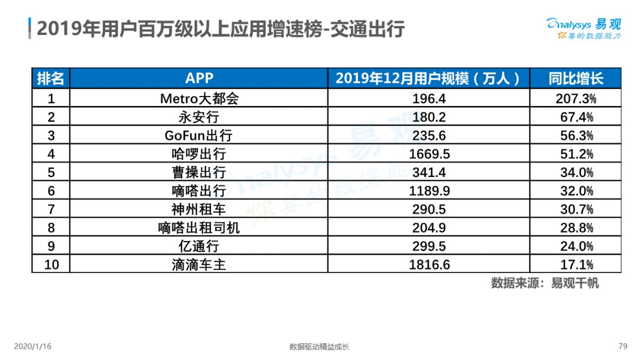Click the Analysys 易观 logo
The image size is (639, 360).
[583, 28]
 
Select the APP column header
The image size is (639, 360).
[199, 78]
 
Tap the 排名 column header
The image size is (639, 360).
[50, 78]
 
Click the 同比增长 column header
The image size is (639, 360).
[576, 78]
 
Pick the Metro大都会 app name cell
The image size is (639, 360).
[199, 98]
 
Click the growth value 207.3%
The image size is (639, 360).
[576, 98]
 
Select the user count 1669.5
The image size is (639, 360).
[429, 154]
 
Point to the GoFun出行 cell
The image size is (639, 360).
[198, 136]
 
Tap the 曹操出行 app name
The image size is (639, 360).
[199, 172]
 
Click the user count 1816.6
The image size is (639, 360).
[429, 265]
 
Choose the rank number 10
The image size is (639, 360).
[51, 265]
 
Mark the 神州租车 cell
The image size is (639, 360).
[199, 209]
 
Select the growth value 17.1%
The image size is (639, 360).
[576, 265]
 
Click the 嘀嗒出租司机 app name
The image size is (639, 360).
[199, 227]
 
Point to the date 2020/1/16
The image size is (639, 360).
[33, 346]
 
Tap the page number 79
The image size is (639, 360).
[622, 346]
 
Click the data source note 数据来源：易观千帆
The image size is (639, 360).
[545, 283]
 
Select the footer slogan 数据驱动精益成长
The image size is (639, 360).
[319, 346]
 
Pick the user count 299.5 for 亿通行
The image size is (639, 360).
[429, 246]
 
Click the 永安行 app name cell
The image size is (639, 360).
[199, 117]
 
